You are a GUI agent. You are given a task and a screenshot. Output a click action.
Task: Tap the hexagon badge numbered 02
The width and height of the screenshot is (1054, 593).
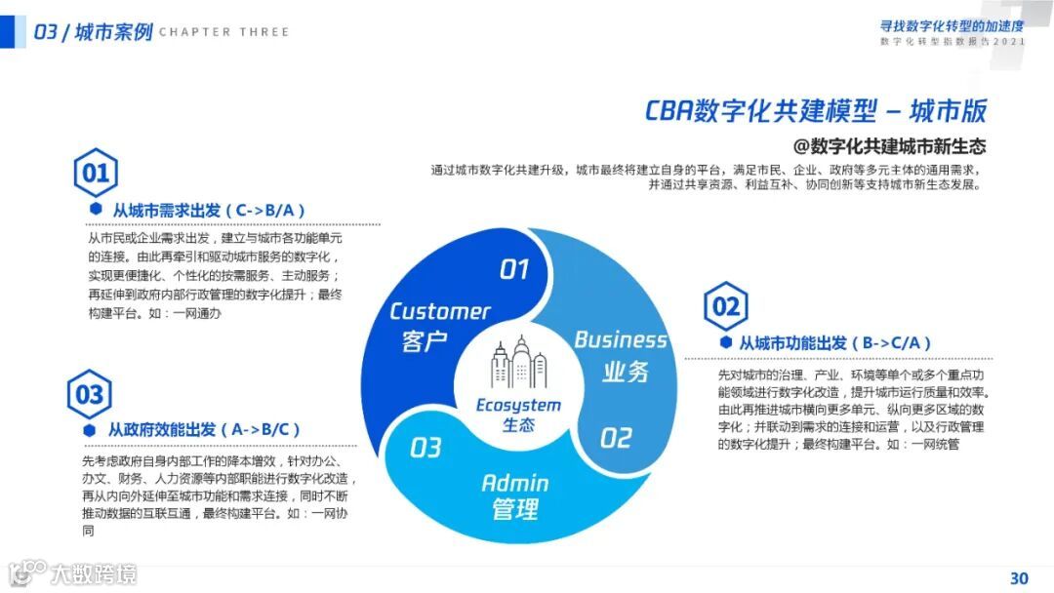click(725, 307)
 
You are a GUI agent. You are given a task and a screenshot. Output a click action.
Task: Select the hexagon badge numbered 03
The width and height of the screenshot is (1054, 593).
click(89, 394)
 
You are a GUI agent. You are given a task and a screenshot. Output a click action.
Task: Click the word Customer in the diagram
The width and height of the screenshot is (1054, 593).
click(439, 311)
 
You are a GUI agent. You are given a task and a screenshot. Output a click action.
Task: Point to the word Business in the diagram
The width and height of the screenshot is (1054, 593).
click(621, 339)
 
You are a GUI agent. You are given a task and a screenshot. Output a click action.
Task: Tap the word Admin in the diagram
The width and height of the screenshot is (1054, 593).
click(514, 483)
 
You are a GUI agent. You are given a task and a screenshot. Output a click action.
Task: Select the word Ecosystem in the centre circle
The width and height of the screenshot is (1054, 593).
click(518, 405)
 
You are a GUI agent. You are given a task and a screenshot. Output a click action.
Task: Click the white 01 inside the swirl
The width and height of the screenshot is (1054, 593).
click(513, 269)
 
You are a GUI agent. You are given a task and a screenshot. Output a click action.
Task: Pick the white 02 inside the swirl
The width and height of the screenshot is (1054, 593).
click(616, 438)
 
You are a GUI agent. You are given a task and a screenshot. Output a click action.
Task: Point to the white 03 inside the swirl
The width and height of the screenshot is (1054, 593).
click(426, 448)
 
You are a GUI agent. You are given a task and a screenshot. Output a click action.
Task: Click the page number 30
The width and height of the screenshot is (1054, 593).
click(1019, 577)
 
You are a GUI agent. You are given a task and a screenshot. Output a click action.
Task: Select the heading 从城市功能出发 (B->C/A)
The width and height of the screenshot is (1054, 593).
click(834, 343)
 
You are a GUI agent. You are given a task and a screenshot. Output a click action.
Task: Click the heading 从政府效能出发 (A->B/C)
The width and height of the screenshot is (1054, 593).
click(203, 429)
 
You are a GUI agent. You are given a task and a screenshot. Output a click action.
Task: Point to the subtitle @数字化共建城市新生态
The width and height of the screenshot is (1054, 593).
click(889, 146)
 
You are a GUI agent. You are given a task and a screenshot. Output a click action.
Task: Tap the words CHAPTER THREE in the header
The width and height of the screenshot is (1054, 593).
click(223, 32)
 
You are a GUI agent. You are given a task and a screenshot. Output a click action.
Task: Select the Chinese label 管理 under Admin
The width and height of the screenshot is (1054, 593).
click(514, 509)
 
